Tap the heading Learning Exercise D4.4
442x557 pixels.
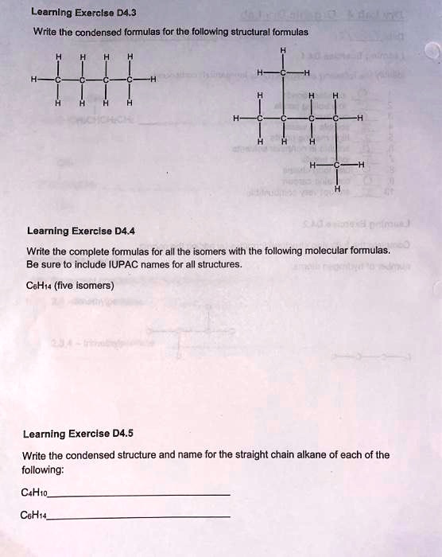tap(80, 231)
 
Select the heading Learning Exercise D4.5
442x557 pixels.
tap(78, 434)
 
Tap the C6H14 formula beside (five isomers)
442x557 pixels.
tap(38, 285)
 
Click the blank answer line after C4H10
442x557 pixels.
tap(139, 496)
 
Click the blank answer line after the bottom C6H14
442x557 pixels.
tap(139, 517)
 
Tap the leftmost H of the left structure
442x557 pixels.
tap(33, 80)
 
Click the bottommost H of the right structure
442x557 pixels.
tap(337, 189)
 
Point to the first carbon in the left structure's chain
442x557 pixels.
tap(58, 80)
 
